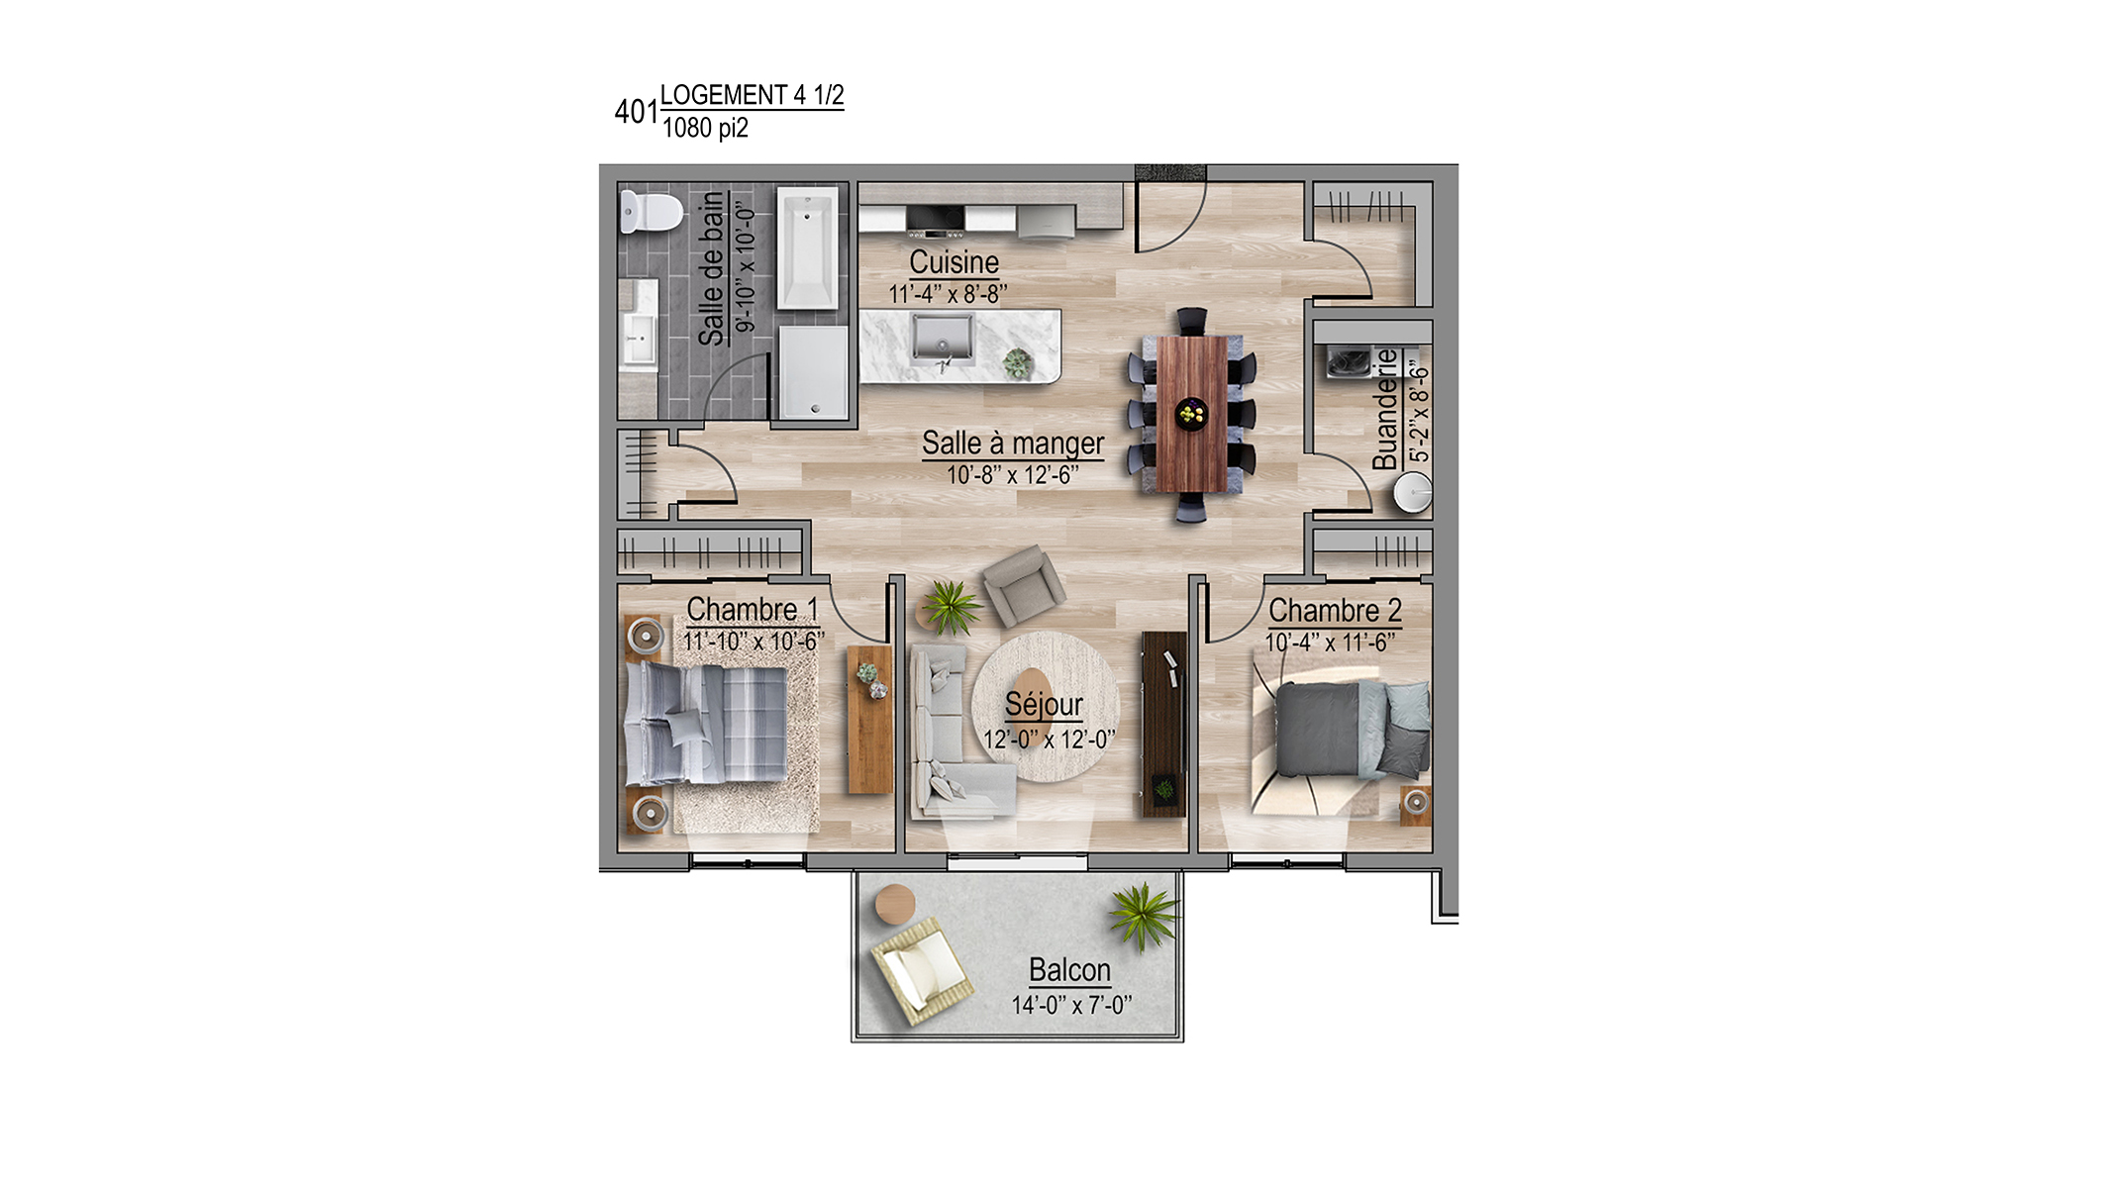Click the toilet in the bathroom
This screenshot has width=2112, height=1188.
(x=651, y=212)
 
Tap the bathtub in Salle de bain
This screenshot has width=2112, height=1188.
(x=808, y=248)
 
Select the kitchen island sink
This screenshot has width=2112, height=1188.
(x=943, y=340)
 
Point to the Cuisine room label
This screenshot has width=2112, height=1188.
(x=954, y=262)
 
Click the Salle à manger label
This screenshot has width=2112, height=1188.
(x=1013, y=444)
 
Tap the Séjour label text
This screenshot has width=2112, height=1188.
(x=1044, y=705)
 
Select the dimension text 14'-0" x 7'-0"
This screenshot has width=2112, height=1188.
(x=1071, y=1005)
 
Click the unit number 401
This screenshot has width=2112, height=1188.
(x=636, y=112)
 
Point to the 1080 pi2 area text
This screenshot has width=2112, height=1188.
(x=705, y=128)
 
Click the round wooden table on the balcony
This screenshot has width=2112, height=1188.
(x=895, y=904)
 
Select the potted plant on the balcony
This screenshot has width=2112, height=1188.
(x=1144, y=916)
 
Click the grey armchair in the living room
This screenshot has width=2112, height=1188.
(x=1024, y=585)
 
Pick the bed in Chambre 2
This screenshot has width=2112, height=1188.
(x=1352, y=730)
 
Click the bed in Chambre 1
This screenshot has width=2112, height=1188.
(x=706, y=723)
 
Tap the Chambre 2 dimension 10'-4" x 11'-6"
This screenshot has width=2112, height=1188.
(x=1330, y=643)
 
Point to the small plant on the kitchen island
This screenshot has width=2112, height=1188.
(x=1017, y=363)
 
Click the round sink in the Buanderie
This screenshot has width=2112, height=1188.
(x=1412, y=493)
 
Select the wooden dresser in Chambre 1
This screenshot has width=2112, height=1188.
(x=870, y=720)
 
